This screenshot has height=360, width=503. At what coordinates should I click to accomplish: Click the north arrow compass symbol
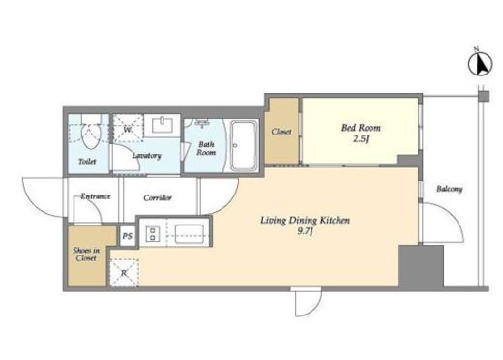(x=480, y=64)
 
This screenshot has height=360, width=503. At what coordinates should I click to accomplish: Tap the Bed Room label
(x=361, y=128)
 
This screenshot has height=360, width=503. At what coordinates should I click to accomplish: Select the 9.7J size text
(x=305, y=231)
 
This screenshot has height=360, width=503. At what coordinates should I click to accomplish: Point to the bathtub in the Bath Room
(x=244, y=145)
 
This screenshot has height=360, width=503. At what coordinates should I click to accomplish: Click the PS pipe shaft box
(x=128, y=236)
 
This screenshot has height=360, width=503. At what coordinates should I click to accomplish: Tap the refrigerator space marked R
(x=124, y=272)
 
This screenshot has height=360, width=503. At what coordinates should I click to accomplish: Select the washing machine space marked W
(x=128, y=129)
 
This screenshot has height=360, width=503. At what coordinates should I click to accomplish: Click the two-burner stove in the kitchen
(x=153, y=233)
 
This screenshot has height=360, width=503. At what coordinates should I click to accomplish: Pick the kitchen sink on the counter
(x=189, y=234)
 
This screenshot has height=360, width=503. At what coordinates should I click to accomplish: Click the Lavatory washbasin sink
(x=163, y=125)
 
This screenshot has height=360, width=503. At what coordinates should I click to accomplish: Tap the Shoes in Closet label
(x=86, y=255)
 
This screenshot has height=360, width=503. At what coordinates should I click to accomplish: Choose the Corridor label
(x=158, y=197)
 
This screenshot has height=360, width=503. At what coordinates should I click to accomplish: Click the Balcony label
(x=450, y=189)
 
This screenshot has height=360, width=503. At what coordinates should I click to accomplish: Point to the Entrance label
(x=96, y=196)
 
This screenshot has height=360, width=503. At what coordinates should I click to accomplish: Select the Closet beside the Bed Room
(x=281, y=131)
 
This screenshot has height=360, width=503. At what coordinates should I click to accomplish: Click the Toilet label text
(x=87, y=161)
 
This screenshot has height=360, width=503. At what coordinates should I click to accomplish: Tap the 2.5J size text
(x=361, y=139)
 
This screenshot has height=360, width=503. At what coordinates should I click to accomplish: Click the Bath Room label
(x=206, y=148)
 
